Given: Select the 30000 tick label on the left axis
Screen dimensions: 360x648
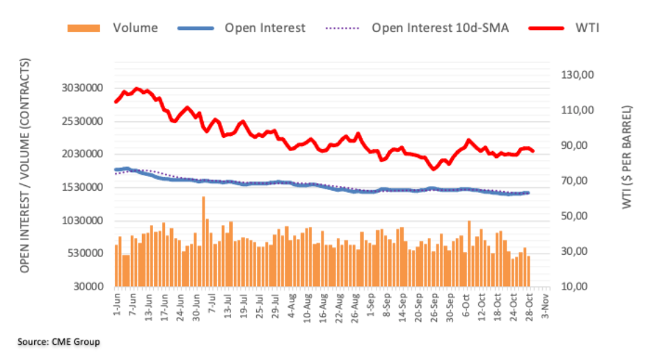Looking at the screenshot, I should click(95, 287).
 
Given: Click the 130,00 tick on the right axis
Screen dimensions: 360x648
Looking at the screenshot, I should click(579, 75).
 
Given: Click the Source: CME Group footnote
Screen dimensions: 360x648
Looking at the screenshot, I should click(58, 342).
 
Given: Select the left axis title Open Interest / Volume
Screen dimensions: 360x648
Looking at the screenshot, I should click(26, 166).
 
